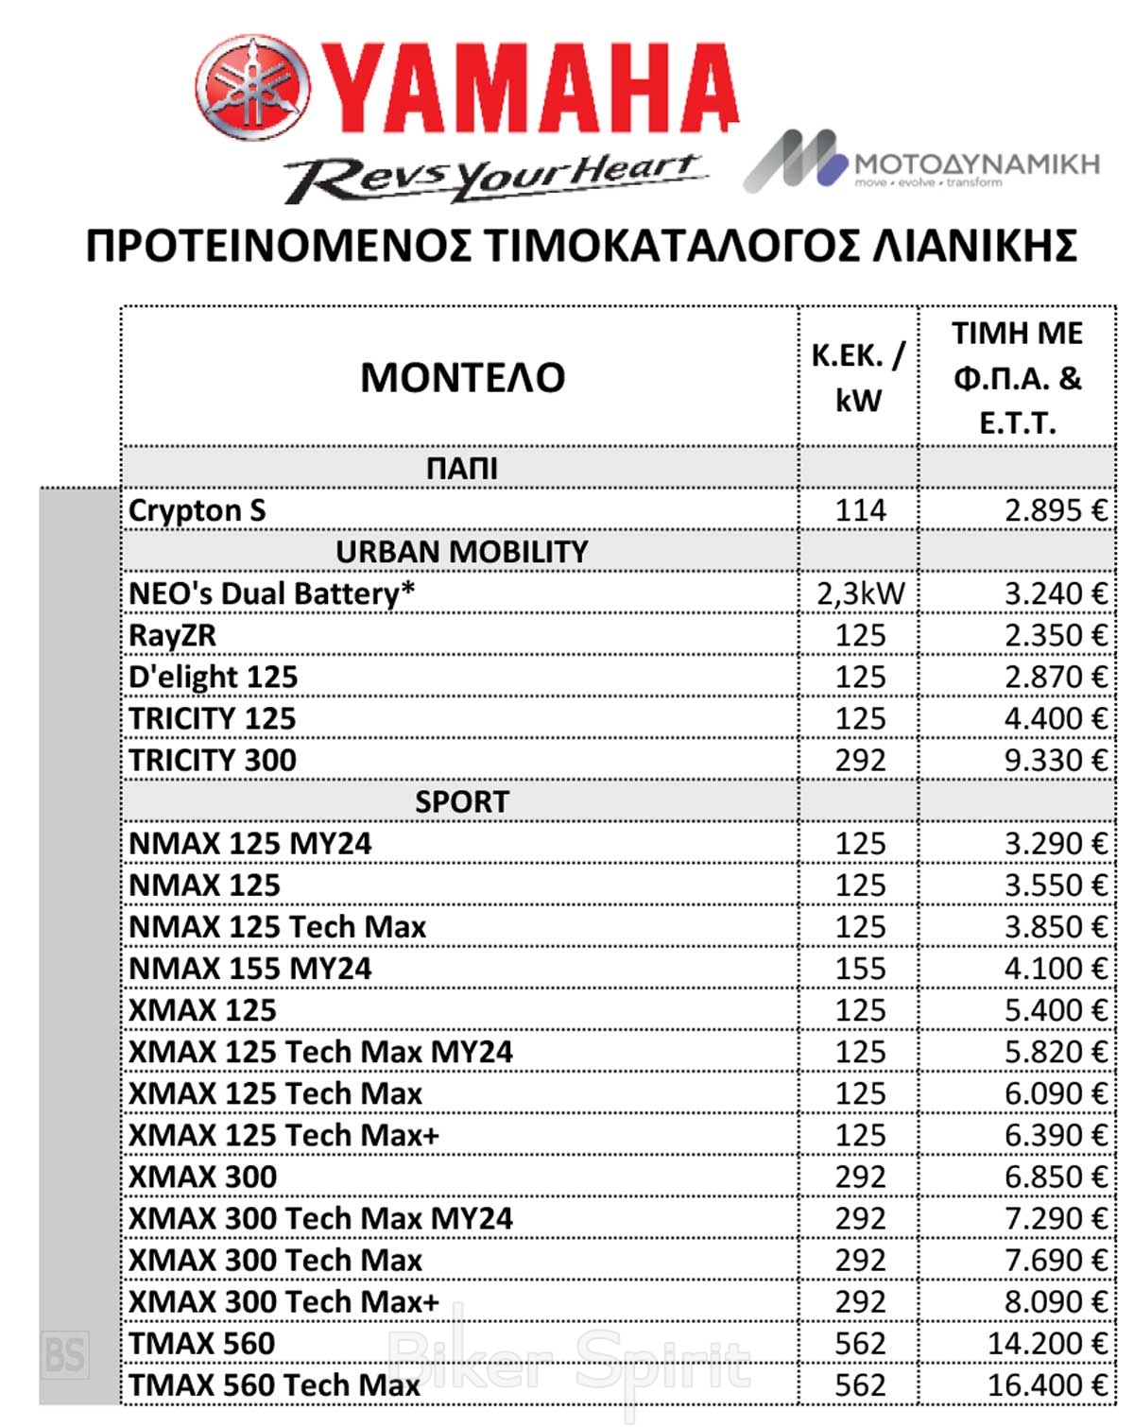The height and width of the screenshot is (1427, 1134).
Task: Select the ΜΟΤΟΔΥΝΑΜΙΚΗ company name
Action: click(x=976, y=163)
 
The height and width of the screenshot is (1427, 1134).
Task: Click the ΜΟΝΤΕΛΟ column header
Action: click(x=462, y=378)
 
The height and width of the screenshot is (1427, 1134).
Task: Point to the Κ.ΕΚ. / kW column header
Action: click(x=858, y=378)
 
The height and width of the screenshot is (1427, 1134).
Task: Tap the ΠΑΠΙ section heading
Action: click(x=461, y=469)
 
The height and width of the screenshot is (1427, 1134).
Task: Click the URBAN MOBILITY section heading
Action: click(x=461, y=552)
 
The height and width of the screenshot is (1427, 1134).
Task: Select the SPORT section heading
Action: click(x=461, y=801)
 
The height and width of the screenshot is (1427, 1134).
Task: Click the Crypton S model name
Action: click(x=198, y=510)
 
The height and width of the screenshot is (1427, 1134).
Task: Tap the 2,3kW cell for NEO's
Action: click(x=860, y=593)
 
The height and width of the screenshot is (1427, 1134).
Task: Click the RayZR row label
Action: click(x=173, y=635)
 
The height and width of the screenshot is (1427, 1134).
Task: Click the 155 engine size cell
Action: click(x=860, y=968)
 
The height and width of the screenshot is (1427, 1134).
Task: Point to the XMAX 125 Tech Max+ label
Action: click(x=284, y=1134)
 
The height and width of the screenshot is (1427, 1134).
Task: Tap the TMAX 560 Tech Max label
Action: click(x=274, y=1384)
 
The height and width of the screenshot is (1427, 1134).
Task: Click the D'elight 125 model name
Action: click(x=214, y=677)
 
